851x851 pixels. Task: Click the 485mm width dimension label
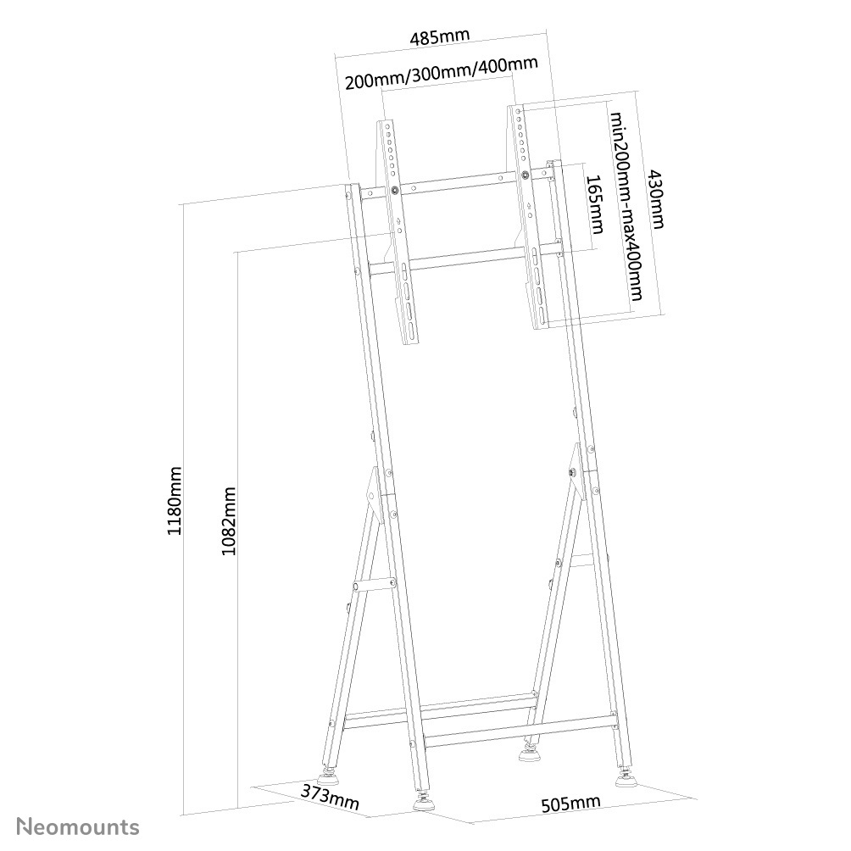(439, 38)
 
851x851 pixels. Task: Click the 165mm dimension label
(594, 204)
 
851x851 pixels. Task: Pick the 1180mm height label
(175, 501)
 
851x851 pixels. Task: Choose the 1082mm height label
(228, 520)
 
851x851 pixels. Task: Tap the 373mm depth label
(329, 797)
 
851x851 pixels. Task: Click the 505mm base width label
(570, 803)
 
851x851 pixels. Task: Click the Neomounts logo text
(79, 826)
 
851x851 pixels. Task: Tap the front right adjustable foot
(628, 776)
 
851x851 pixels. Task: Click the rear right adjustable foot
(531, 750)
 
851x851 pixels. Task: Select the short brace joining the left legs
(374, 584)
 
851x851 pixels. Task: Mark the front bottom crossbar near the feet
(517, 730)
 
